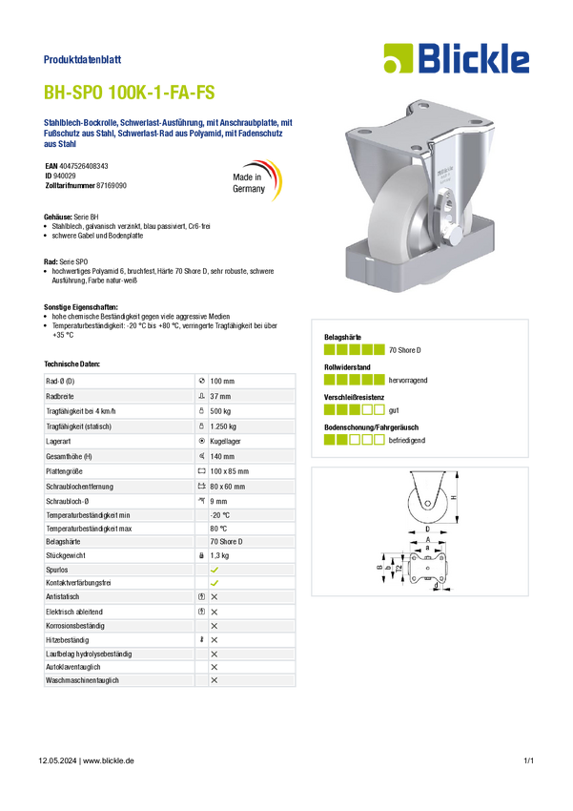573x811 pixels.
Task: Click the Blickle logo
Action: click(x=457, y=58)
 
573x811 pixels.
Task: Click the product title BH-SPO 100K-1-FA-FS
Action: click(x=129, y=93)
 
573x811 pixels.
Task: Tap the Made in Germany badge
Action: click(x=256, y=181)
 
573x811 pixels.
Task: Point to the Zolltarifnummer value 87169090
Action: click(x=112, y=185)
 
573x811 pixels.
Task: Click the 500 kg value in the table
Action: click(x=220, y=411)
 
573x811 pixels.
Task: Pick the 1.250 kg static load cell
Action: click(x=223, y=426)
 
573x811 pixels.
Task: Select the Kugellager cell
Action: click(x=225, y=441)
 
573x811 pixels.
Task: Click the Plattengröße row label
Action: click(x=64, y=471)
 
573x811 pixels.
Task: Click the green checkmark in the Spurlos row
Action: click(x=215, y=570)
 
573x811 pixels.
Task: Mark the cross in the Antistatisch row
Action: click(x=215, y=597)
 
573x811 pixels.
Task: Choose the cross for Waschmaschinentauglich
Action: click(x=215, y=680)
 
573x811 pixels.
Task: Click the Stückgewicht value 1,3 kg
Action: click(x=219, y=555)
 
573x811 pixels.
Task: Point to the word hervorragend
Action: click(x=408, y=380)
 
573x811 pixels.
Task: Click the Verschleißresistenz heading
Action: click(x=354, y=397)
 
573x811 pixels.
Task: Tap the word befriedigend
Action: click(x=407, y=440)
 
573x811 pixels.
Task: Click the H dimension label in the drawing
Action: click(x=454, y=497)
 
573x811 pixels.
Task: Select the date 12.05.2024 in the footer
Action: click(x=57, y=760)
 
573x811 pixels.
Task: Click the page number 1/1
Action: click(x=528, y=760)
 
